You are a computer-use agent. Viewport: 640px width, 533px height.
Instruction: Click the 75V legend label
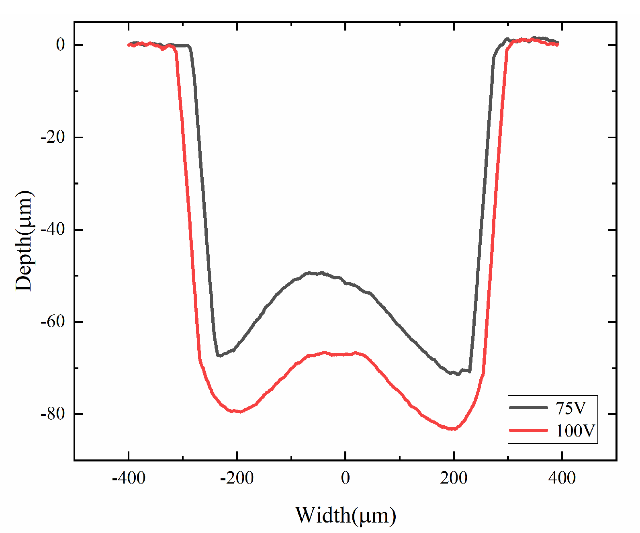570,408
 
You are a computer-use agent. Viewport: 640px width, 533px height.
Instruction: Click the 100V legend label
575,431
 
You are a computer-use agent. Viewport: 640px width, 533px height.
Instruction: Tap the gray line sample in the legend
528,408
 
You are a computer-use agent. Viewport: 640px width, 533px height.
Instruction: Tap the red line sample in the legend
528,430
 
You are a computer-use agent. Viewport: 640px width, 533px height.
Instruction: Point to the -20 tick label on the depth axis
53,137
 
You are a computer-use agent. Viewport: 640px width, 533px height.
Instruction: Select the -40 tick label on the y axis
53,230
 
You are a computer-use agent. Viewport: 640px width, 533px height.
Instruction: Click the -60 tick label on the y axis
53,322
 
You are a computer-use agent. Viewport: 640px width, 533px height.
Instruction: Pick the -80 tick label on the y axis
53,414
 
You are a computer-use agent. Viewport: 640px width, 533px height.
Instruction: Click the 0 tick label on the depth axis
60,45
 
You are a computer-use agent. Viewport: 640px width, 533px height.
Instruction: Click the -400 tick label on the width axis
129,478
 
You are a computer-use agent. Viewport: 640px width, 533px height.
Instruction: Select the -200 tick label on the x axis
237,478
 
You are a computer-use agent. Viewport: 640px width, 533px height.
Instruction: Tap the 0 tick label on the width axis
345,478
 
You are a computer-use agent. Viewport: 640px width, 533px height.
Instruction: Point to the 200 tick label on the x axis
454,478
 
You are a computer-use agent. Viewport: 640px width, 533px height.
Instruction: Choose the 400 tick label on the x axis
562,478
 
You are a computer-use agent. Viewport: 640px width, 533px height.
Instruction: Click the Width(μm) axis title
346,515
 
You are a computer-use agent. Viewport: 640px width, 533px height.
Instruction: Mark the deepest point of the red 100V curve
453,429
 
